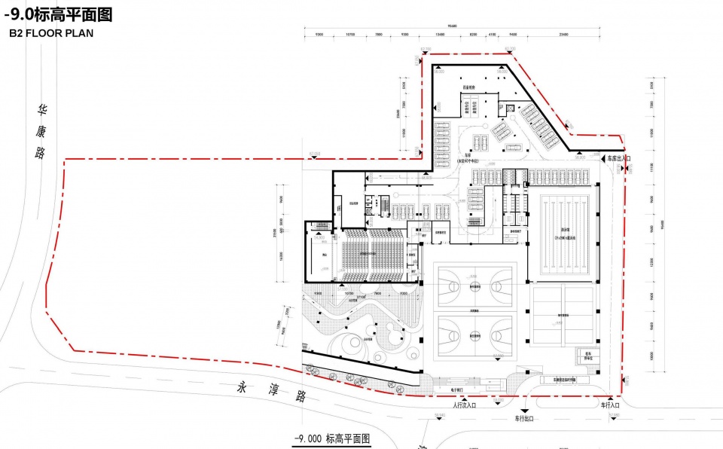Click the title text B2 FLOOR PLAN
(51, 34)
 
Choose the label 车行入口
(610, 405)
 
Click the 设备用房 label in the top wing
(468, 87)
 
